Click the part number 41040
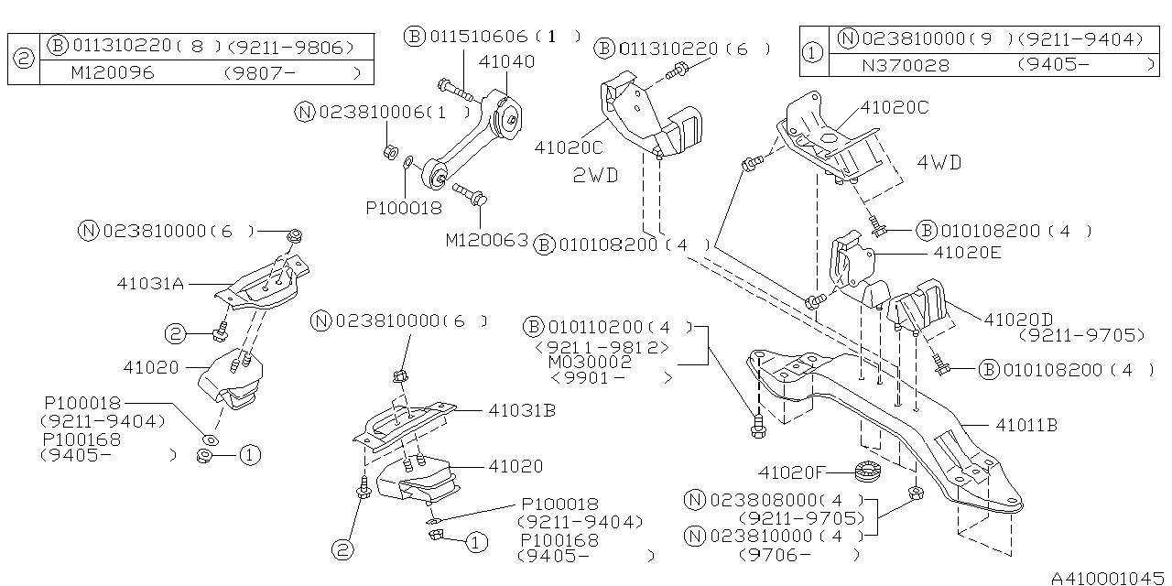[506, 61]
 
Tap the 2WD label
[595, 175]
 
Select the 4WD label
[939, 163]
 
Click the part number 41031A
[150, 284]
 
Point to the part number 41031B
[522, 411]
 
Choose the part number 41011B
[1026, 426]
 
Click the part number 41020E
[967, 253]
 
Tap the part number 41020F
[791, 473]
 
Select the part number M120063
[486, 240]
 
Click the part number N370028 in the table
[906, 65]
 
